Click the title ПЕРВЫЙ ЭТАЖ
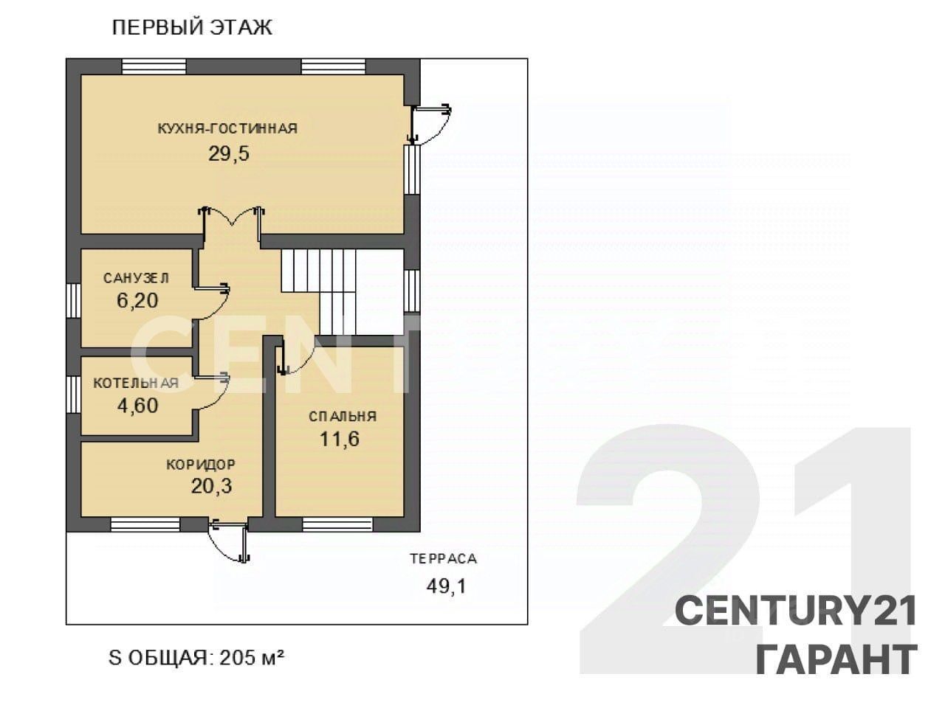click(192, 28)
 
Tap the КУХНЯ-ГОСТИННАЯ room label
click(227, 128)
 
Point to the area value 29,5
click(229, 153)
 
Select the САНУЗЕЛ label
click(137, 278)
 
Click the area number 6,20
click(137, 300)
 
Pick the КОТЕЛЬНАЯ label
click(136, 383)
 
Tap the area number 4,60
click(138, 406)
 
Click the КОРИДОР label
click(201, 465)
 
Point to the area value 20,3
click(211, 486)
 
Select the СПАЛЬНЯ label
click(343, 417)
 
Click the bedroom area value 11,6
click(340, 439)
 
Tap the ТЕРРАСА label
click(444, 559)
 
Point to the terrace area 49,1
click(446, 586)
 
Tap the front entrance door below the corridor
click(229, 541)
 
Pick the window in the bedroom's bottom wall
click(337, 525)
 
